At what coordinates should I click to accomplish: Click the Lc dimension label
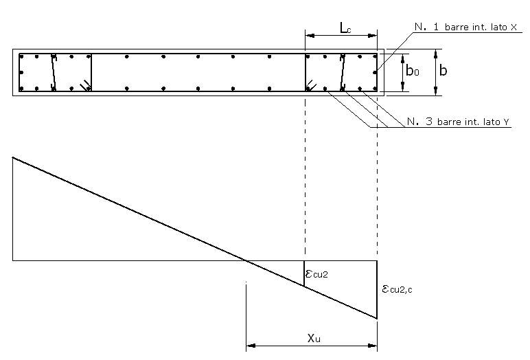pos(345,28)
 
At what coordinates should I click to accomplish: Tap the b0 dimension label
pos(413,71)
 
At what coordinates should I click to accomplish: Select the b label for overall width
pos(443,70)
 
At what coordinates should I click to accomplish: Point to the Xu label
pos(314,337)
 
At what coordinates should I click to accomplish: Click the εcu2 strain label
pos(316,273)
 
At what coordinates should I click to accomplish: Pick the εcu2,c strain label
pos(397,289)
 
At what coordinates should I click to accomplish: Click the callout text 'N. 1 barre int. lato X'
pos(465,27)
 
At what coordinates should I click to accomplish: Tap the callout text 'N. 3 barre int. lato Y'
pos(459,122)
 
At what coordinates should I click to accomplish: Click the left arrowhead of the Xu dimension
pos(251,346)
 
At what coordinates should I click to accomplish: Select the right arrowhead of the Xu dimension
pos(373,346)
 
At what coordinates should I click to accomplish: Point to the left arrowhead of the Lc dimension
pos(310,36)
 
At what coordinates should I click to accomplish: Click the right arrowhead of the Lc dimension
pos(373,36)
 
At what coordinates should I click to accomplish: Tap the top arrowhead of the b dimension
pos(436,54)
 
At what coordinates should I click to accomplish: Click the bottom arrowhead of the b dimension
pos(436,91)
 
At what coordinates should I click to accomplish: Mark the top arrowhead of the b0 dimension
pos(402,58)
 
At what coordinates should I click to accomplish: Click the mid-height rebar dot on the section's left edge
pos(21,72)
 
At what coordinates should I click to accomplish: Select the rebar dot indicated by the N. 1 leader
pos(376,72)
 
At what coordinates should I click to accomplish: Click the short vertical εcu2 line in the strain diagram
pos(304,273)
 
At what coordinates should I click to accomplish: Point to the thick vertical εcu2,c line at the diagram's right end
pos(377,290)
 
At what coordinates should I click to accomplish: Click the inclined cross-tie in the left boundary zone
pos(54,72)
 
